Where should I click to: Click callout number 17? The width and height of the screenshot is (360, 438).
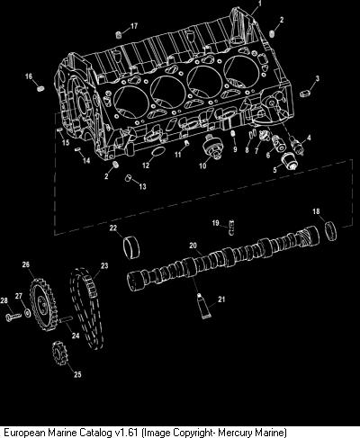pyautogui.click(x=134, y=26)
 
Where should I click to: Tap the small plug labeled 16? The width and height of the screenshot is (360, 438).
pyautogui.click(x=41, y=88)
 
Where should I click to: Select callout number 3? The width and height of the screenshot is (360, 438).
pyautogui.click(x=317, y=78)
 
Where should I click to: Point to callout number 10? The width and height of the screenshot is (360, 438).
pyautogui.click(x=202, y=165)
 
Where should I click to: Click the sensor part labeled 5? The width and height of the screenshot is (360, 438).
pyautogui.click(x=289, y=160)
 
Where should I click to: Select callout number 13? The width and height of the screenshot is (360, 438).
pyautogui.click(x=142, y=186)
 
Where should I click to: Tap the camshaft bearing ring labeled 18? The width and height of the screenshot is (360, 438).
pyautogui.click(x=331, y=231)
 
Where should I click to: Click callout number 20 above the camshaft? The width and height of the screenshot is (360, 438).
pyautogui.click(x=193, y=246)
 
